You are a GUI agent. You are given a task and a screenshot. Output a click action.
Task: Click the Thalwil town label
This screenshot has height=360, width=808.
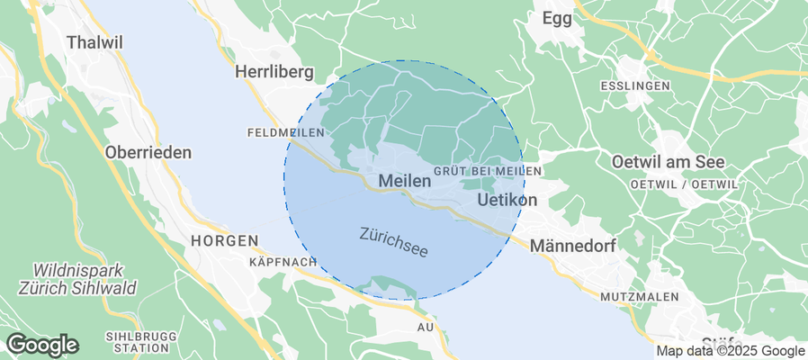tap(94, 41)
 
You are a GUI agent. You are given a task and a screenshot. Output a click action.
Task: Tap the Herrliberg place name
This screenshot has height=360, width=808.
tap(274, 71)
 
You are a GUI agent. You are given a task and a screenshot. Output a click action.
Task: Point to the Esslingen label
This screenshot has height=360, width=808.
tap(634, 85)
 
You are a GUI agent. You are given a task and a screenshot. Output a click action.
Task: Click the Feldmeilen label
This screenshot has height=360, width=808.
tap(284, 132)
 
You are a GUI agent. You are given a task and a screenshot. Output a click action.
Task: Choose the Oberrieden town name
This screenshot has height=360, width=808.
tap(148, 152)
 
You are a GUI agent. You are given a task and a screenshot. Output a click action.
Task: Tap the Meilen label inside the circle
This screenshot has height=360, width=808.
tap(405, 181)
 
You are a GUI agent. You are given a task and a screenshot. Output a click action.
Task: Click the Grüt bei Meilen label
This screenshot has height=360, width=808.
tap(487, 171)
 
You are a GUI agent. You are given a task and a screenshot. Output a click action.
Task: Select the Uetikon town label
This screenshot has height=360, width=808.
tap(507, 199)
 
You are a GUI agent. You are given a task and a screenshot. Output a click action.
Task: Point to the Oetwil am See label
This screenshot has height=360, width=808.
tap(668, 163)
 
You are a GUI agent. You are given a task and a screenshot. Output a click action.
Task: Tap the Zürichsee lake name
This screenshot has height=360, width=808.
tap(393, 241)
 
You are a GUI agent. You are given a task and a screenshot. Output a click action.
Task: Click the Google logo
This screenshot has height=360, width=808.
tap(42, 345)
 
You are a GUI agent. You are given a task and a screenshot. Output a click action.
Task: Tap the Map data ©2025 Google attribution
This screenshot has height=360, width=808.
tap(730, 351)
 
